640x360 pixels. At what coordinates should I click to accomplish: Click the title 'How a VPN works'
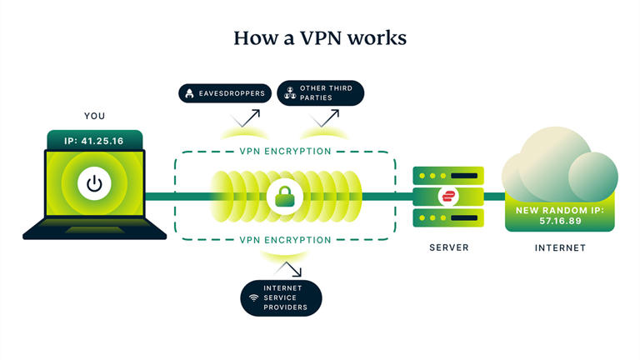pos(319,38)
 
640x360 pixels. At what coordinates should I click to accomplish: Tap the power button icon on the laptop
pos(95,183)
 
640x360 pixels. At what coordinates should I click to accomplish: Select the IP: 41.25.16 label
pos(93,141)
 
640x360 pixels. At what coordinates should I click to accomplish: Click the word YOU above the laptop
pos(94,116)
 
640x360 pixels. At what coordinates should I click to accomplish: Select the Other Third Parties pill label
pos(320,92)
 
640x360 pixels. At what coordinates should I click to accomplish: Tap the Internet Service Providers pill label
pos(281,297)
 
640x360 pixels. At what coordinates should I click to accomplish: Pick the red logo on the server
pos(448,197)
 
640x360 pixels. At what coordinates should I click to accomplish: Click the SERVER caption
pos(448,247)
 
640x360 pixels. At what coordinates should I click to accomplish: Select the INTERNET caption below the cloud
pos(559,247)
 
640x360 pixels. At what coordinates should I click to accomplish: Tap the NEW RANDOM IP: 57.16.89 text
pos(559,215)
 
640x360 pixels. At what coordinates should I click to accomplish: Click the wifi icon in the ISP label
pos(253,297)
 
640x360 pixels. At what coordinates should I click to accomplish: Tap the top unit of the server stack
pos(448,175)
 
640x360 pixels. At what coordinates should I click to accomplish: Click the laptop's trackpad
pos(93,230)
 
